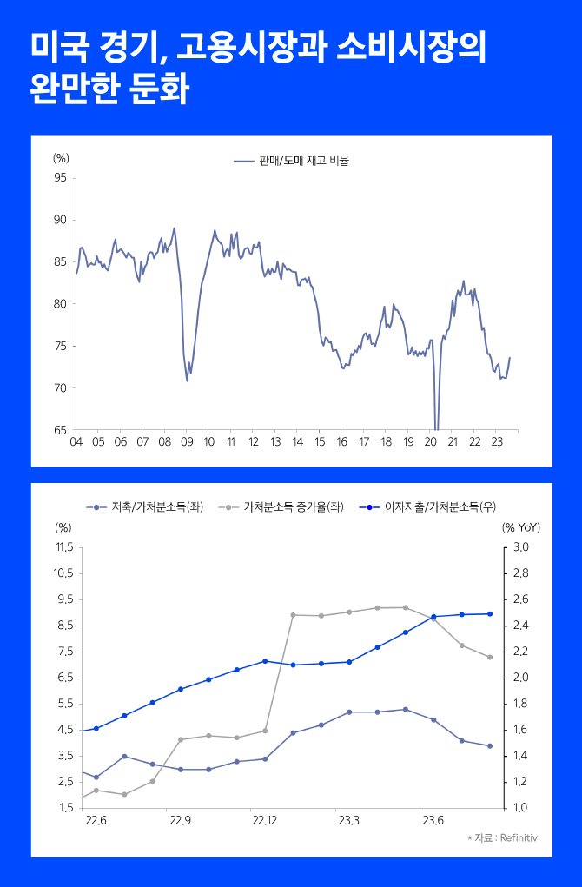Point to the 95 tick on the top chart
pyautogui.click(x=61, y=178)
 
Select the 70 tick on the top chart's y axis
pyautogui.click(x=61, y=388)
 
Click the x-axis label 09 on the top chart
pyautogui.click(x=186, y=440)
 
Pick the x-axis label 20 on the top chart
pyautogui.click(x=430, y=440)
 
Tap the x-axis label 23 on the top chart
pyautogui.click(x=496, y=440)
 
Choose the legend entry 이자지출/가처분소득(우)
pyautogui.click(x=440, y=506)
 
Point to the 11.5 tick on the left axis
pyautogui.click(x=64, y=547)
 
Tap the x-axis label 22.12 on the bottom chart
pyautogui.click(x=264, y=819)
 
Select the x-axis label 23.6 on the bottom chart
pyautogui.click(x=433, y=819)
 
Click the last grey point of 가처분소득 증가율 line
pyautogui.click(x=490, y=657)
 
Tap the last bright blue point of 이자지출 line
pyautogui.click(x=490, y=614)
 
